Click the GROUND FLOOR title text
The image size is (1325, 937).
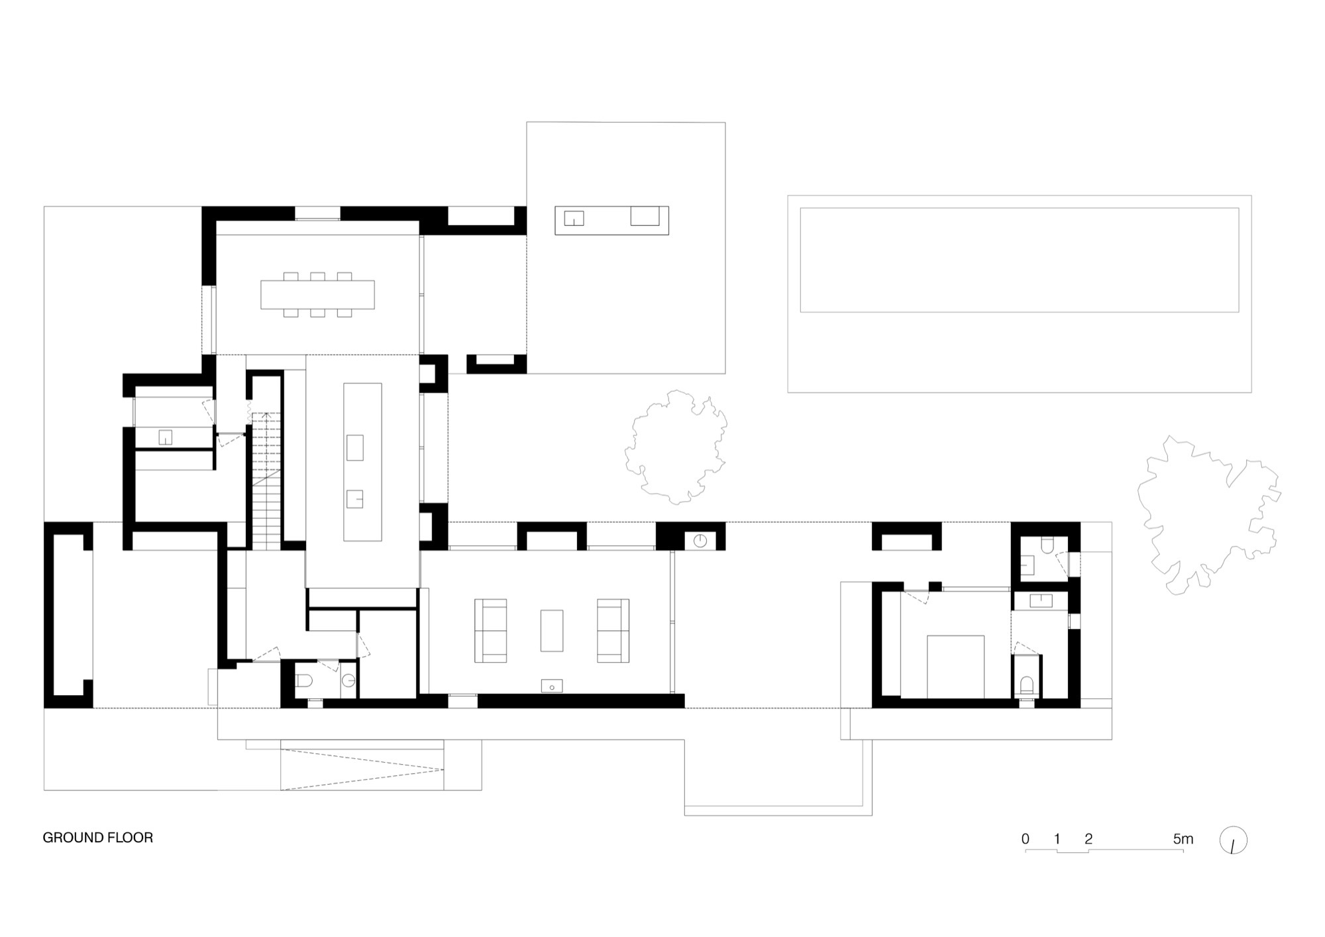pos(98,838)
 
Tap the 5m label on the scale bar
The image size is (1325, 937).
pos(1183,839)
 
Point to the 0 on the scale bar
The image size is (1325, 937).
pos(1026,839)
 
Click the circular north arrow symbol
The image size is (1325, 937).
pos(1233,840)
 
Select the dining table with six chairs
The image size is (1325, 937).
pos(317,295)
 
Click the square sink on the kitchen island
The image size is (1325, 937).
pos(355,498)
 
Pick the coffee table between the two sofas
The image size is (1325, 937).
pos(551,630)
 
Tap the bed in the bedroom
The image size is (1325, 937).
pos(955,666)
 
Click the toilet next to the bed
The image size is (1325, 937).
pos(1026,683)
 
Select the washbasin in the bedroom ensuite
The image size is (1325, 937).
pos(1041,601)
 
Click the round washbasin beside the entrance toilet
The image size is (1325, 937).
pos(348,681)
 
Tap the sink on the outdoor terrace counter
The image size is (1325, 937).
pos(574,218)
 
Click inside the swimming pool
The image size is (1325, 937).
pos(1019,260)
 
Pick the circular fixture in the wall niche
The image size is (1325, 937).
pos(700,541)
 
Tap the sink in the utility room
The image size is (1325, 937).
pos(165,437)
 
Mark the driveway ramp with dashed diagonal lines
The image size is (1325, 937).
pos(362,769)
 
